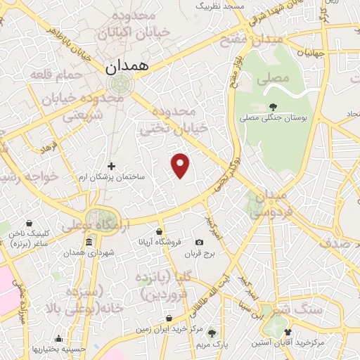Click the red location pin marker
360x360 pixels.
click(181, 165)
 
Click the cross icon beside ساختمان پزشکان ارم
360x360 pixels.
click(111, 166)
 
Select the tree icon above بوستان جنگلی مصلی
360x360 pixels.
click(273, 108)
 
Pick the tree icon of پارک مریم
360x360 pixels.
click(212, 333)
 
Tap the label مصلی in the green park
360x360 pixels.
click(275, 79)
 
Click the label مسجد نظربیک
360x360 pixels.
click(219, 6)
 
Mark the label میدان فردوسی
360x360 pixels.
click(269, 202)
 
